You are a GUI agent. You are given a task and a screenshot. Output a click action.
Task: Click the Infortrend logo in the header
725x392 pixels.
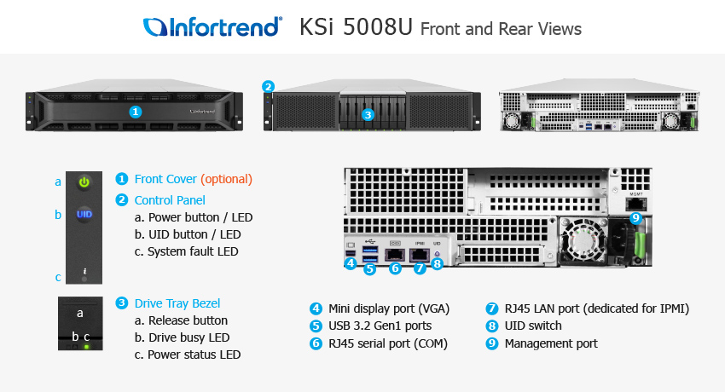(212, 26)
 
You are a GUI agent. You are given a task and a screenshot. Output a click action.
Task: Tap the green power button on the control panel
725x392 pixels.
(84, 182)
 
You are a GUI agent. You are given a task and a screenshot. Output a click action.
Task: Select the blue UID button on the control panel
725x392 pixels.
(84, 214)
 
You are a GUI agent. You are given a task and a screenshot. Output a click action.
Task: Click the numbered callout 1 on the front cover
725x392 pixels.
(135, 112)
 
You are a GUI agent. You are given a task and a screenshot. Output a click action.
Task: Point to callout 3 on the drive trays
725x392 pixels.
(368, 114)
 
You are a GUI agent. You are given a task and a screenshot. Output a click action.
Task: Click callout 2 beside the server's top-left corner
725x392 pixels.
(268, 86)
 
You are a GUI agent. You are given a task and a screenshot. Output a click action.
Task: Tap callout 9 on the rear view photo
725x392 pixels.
(636, 217)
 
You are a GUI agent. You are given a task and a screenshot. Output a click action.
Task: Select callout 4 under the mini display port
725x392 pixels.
(351, 263)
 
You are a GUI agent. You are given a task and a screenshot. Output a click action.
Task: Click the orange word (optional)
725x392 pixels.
(226, 179)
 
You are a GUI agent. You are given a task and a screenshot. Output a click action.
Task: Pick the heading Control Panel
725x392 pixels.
(170, 200)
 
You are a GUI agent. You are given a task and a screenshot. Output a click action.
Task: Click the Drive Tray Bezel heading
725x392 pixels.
(177, 303)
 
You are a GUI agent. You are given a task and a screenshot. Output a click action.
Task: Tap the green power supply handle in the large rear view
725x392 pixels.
(640, 244)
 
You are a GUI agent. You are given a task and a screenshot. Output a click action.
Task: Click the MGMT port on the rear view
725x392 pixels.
(636, 204)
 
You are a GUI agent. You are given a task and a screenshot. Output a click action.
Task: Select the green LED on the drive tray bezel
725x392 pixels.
(86, 346)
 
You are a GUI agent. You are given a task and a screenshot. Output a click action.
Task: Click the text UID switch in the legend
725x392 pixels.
(533, 326)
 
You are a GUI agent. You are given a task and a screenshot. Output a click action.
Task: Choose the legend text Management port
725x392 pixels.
(551, 343)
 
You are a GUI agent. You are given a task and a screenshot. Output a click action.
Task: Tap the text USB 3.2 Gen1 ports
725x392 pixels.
(380, 326)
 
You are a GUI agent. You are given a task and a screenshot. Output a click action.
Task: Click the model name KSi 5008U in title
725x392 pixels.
(356, 27)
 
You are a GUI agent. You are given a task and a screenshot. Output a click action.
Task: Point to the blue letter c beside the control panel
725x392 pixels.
(58, 277)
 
